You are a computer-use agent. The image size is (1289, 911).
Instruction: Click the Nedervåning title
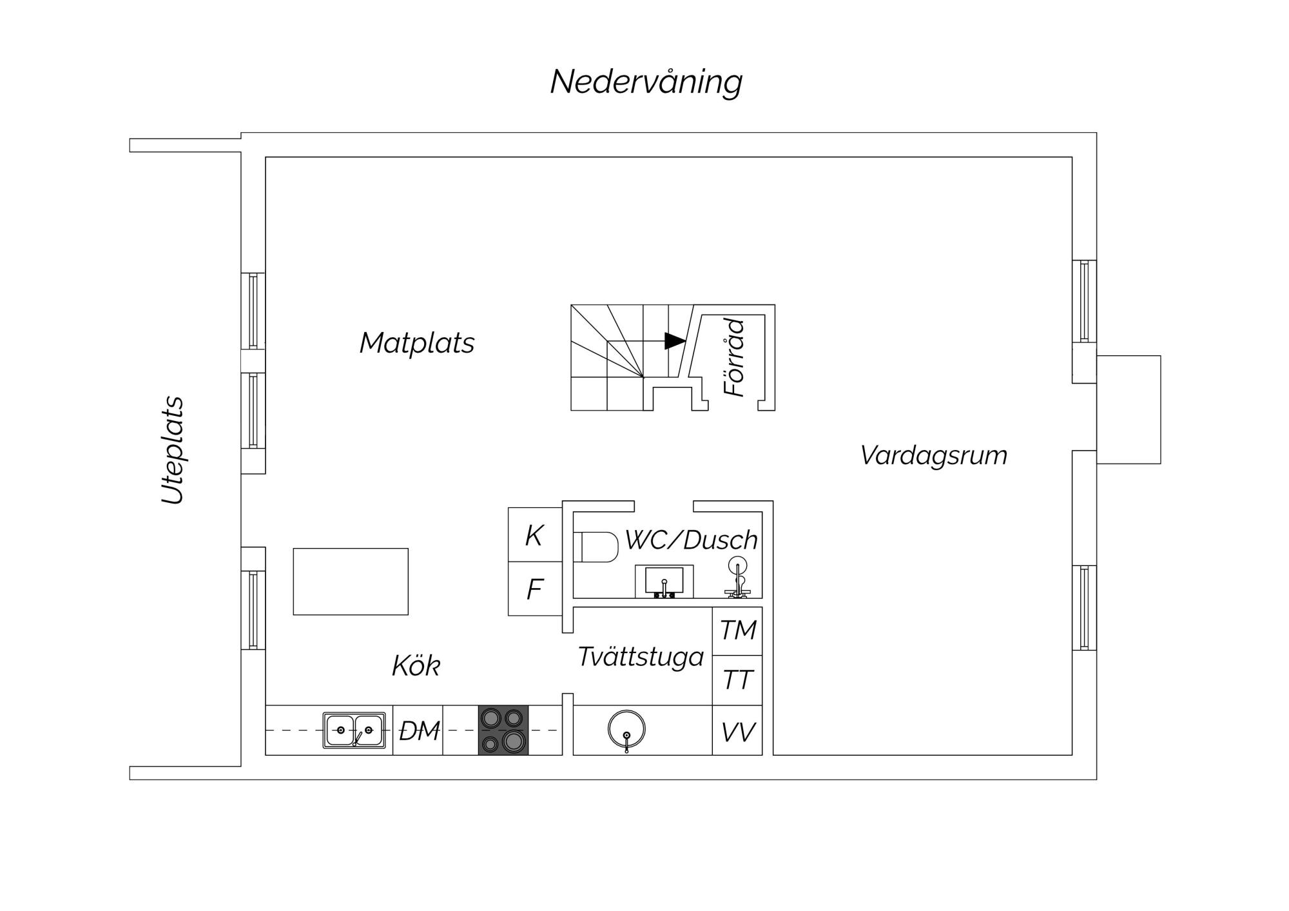(646, 82)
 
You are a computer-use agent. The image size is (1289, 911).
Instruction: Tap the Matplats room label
(417, 343)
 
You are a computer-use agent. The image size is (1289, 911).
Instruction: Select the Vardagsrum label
(933, 456)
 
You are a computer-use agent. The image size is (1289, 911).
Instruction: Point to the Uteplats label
(172, 450)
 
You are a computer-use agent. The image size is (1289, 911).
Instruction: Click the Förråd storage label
(735, 358)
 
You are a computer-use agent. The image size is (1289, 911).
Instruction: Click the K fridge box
(535, 534)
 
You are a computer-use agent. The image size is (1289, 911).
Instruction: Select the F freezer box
(535, 589)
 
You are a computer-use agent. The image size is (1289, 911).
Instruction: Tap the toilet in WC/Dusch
(596, 547)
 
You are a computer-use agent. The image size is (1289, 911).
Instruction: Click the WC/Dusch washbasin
(664, 582)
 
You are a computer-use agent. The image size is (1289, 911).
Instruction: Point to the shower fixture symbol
(738, 578)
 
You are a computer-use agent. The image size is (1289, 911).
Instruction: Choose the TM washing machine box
(737, 631)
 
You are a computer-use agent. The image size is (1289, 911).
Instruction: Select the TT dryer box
(737, 680)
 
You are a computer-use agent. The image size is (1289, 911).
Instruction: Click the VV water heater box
(737, 730)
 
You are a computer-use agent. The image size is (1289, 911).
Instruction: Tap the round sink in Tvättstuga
(626, 729)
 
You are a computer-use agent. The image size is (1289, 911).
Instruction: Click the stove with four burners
(503, 730)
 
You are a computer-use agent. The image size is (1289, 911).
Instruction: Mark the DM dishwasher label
(419, 731)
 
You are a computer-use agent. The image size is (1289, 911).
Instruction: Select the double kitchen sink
(354, 730)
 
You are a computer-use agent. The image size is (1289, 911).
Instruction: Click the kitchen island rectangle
(351, 582)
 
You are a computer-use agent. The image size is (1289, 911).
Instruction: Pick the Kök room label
(416, 666)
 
